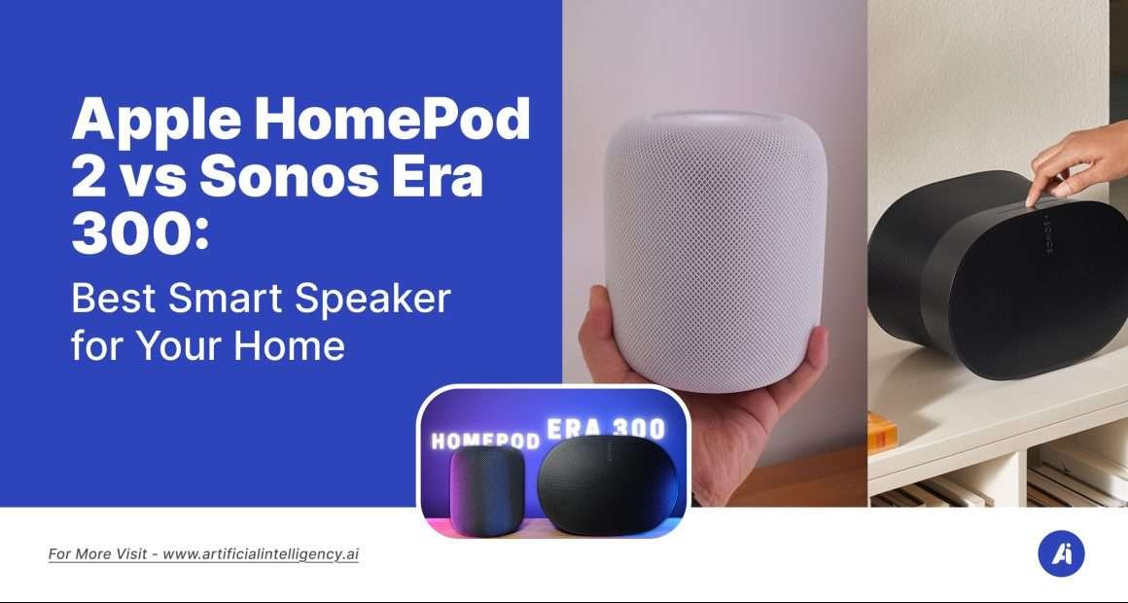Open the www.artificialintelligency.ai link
click(x=261, y=554)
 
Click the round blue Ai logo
click(x=1061, y=554)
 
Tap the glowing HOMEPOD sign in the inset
click(x=485, y=440)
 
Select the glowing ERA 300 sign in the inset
click(x=606, y=429)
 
